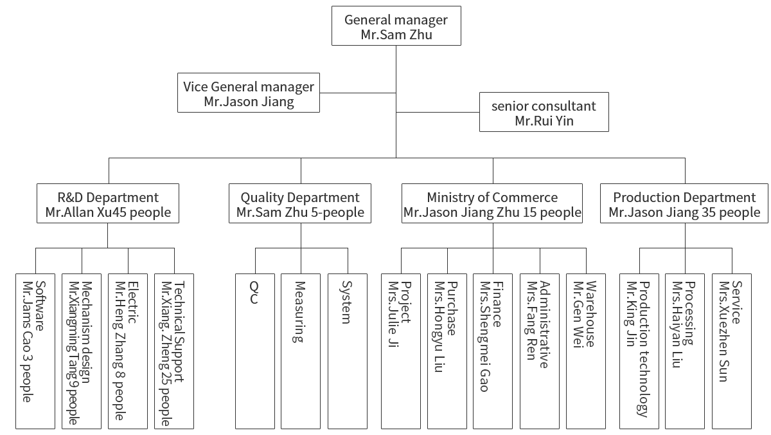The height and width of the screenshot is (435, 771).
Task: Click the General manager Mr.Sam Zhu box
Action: click(396, 26)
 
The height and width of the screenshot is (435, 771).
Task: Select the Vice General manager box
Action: click(249, 93)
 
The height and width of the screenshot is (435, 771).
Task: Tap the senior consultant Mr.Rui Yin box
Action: click(544, 112)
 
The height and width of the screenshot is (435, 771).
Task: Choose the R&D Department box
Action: click(108, 203)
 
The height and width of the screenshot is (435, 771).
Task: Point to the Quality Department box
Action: click(300, 203)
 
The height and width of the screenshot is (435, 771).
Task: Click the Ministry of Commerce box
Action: click(492, 203)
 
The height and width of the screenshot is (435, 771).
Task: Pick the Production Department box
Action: click(684, 203)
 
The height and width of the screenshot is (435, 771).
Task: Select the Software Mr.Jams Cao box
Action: click(35, 351)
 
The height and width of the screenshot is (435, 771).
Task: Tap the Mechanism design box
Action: click(82, 351)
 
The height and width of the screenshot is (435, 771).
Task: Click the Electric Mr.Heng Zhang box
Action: click(128, 351)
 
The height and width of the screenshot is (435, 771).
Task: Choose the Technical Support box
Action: click(174, 351)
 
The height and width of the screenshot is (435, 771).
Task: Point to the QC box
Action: click(255, 351)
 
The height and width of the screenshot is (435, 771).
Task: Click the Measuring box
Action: click(301, 351)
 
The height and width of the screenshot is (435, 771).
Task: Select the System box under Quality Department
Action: click(348, 351)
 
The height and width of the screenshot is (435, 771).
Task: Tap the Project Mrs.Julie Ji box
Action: click(401, 351)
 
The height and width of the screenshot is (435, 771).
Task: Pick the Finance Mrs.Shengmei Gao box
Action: click(493, 351)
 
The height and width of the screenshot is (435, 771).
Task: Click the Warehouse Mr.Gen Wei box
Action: click(586, 351)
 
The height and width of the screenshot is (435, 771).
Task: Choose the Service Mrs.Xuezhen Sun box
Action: click(732, 351)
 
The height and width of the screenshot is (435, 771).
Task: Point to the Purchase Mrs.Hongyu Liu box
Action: click(447, 351)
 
